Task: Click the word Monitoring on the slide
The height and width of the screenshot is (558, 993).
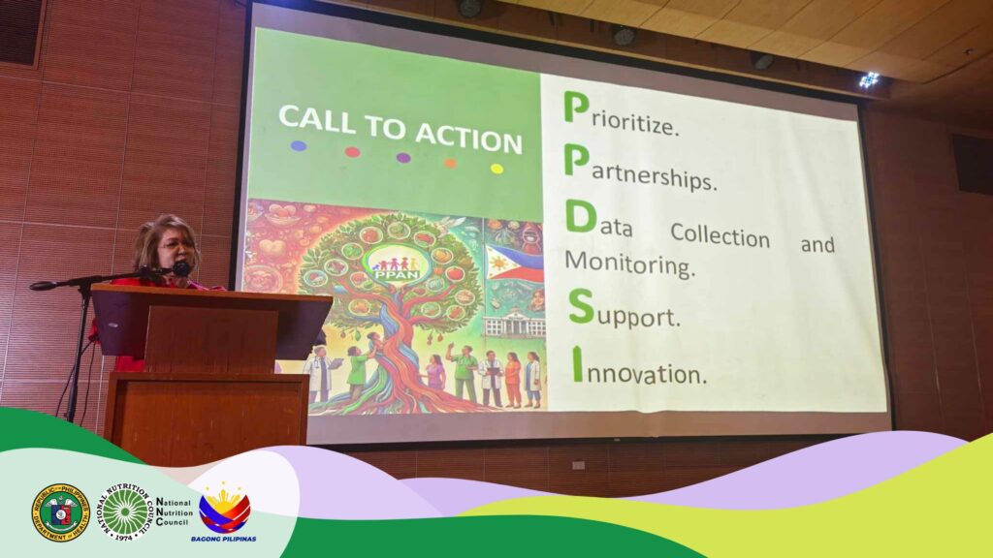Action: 629,263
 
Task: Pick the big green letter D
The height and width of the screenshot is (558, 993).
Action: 580,218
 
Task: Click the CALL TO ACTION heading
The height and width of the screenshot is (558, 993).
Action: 399,129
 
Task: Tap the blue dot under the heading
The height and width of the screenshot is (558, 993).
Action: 299,146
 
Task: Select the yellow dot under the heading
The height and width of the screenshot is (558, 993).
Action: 496,168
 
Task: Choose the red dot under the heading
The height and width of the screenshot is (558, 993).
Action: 352,151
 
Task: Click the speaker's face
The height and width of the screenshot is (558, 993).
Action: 175,248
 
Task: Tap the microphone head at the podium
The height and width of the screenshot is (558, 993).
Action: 180,269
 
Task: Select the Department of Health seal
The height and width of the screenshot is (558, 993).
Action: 60,511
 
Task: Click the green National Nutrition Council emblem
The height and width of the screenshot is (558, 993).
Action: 126,511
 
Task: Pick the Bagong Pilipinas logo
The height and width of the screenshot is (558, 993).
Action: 224,512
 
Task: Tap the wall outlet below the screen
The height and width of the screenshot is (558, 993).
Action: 578,465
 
